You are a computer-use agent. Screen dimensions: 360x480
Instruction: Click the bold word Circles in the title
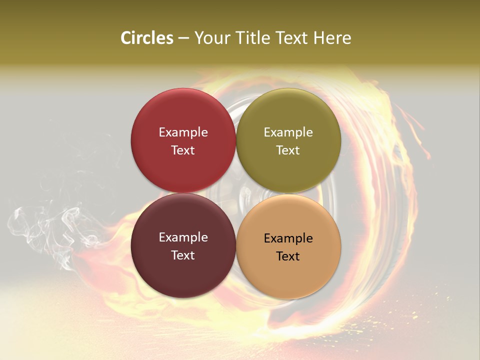tap(146, 38)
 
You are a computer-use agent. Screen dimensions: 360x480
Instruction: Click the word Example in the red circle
tap(183, 132)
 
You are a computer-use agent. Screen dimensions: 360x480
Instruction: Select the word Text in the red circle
tap(183, 150)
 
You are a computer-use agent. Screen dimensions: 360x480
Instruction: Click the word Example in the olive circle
tap(288, 132)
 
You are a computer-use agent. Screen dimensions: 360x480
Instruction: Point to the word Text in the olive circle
tap(288, 150)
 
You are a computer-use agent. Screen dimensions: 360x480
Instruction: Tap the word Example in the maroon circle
tap(183, 237)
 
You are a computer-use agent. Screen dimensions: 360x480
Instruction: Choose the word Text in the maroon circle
tap(183, 255)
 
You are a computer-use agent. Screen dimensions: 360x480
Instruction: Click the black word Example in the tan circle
tap(288, 238)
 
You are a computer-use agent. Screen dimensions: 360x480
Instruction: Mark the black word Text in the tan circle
tap(288, 256)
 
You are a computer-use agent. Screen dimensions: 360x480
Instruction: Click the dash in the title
tap(183, 38)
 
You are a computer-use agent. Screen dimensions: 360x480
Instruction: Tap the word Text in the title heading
tap(290, 38)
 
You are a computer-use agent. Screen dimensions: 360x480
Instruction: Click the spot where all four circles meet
tap(236, 193)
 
